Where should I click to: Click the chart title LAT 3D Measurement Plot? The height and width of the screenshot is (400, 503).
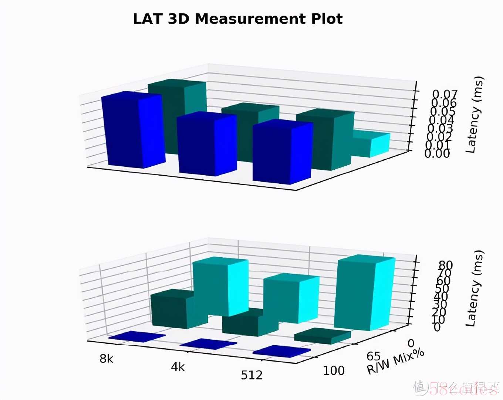point(238,19)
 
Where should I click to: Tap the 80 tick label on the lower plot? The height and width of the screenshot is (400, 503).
point(446,265)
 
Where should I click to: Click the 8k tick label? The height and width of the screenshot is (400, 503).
point(107,359)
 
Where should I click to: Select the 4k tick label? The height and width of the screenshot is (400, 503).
point(178,367)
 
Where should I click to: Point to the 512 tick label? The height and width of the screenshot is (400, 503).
point(252,376)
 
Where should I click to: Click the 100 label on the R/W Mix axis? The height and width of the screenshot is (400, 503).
point(334,370)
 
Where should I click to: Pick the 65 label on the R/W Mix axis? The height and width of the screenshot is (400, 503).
point(374,356)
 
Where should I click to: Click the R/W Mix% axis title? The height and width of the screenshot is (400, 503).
point(395,362)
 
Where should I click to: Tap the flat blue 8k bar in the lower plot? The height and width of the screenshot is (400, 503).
point(136,336)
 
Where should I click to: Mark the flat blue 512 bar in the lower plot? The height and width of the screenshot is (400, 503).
point(281,351)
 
